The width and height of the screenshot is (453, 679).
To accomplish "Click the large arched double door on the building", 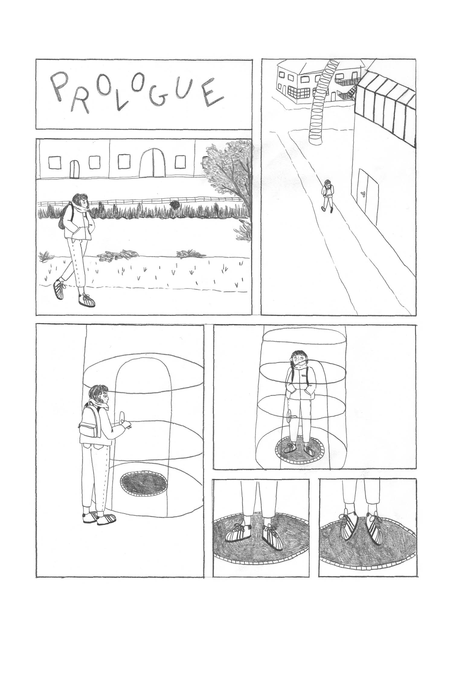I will click(x=154, y=163).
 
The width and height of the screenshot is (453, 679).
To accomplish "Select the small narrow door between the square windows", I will click(x=74, y=169).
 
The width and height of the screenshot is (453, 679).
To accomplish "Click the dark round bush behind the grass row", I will click(x=175, y=205).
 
